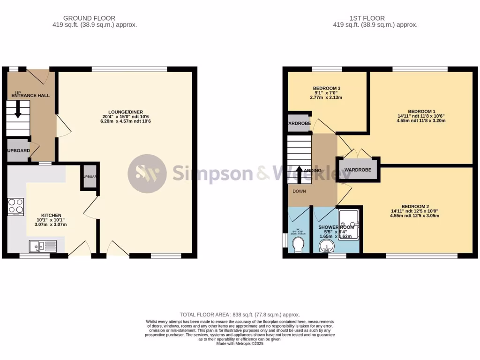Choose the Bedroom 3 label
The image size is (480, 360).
point(326,88)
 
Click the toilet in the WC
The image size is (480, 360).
point(298,244)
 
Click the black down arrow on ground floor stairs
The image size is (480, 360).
point(18,111)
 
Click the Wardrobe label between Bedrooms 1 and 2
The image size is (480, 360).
point(358,170)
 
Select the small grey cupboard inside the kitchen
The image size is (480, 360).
point(89,176)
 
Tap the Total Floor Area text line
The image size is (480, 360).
point(240,315)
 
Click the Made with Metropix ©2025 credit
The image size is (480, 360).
point(240,344)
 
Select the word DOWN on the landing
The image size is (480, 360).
point(299,191)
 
